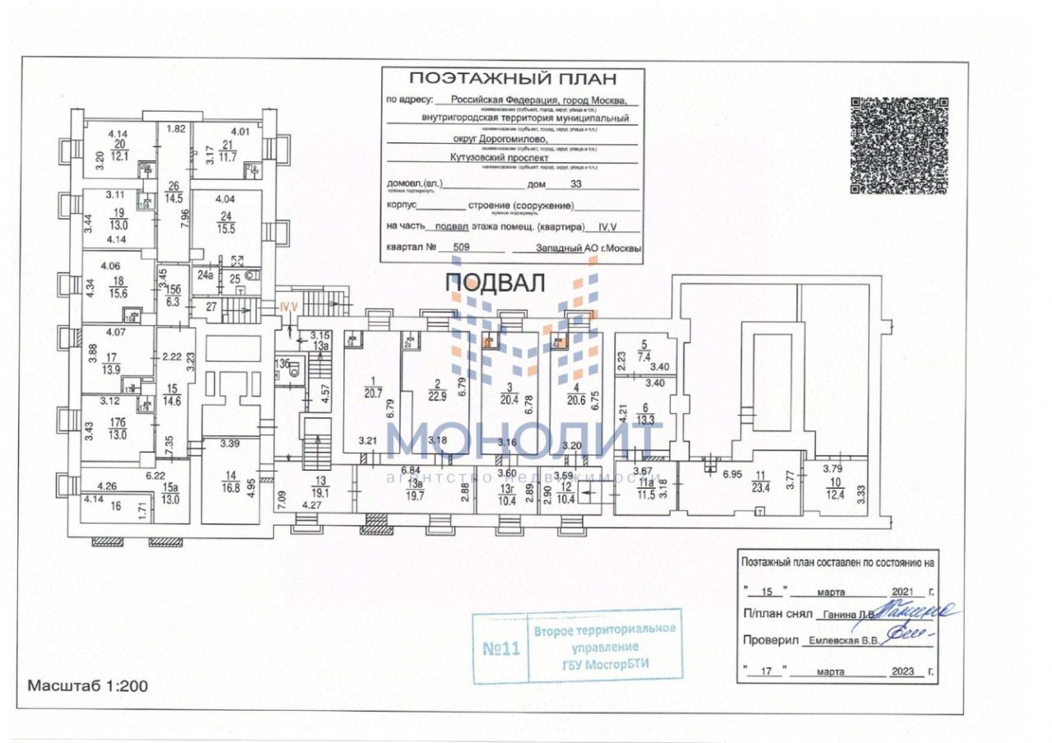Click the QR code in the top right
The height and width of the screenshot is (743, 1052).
click(x=898, y=145)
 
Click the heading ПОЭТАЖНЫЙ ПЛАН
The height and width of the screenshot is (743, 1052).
click(x=512, y=79)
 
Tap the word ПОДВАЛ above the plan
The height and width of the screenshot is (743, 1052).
click(x=495, y=283)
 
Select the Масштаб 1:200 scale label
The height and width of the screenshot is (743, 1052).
click(x=88, y=685)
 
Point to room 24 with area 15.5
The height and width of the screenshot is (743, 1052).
click(x=226, y=223)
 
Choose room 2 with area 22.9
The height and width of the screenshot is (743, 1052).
click(x=438, y=388)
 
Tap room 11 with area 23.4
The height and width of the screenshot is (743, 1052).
click(x=761, y=481)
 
